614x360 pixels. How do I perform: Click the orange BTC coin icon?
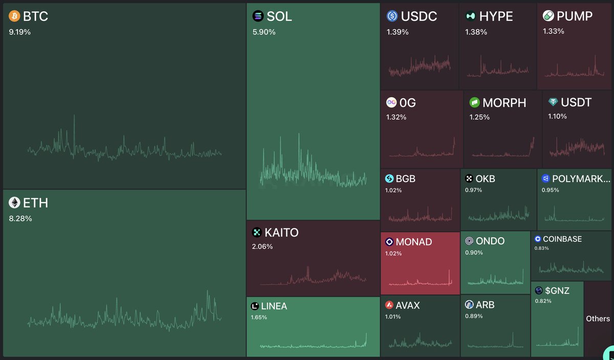14,16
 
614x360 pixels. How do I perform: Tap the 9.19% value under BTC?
19,32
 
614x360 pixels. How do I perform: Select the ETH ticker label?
35,203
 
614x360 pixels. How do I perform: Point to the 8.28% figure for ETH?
20,218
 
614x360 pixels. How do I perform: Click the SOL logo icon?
258,16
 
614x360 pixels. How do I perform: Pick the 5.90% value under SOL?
264,32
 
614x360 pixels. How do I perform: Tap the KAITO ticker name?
281,233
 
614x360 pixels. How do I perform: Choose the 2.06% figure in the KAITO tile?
262,246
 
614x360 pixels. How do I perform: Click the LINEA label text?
274,306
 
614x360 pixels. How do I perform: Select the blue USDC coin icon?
392,16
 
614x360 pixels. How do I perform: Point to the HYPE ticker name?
496,16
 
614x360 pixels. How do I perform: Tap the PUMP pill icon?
549,16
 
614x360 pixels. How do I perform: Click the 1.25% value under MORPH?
479,117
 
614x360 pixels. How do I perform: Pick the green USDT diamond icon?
553,102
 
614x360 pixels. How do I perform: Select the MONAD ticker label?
414,241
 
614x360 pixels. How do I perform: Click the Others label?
598,319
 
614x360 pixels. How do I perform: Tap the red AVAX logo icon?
389,305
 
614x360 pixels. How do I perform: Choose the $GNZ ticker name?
557,290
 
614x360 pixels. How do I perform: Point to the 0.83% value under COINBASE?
541,248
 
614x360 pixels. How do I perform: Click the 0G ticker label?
408,103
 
